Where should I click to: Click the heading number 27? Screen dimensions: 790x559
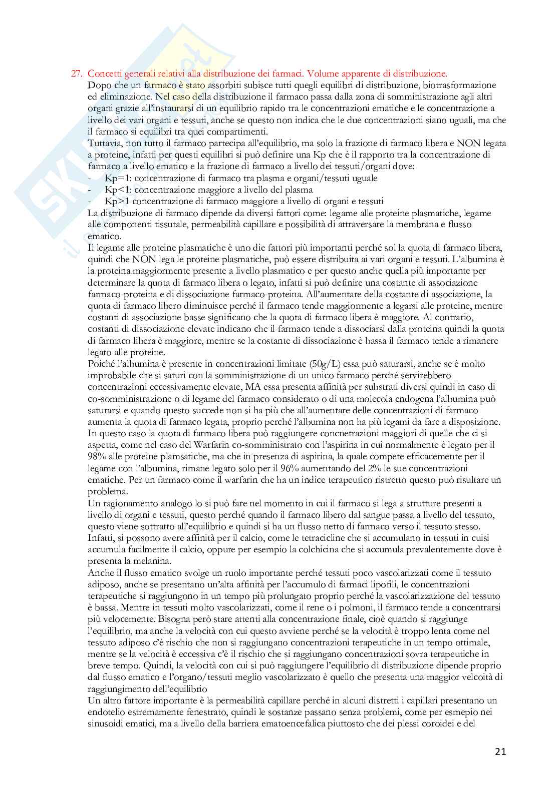[76, 74]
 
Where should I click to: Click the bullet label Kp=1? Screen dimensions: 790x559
[118, 178]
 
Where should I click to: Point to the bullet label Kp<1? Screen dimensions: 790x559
[118, 190]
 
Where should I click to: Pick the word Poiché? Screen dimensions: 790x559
[101, 364]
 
